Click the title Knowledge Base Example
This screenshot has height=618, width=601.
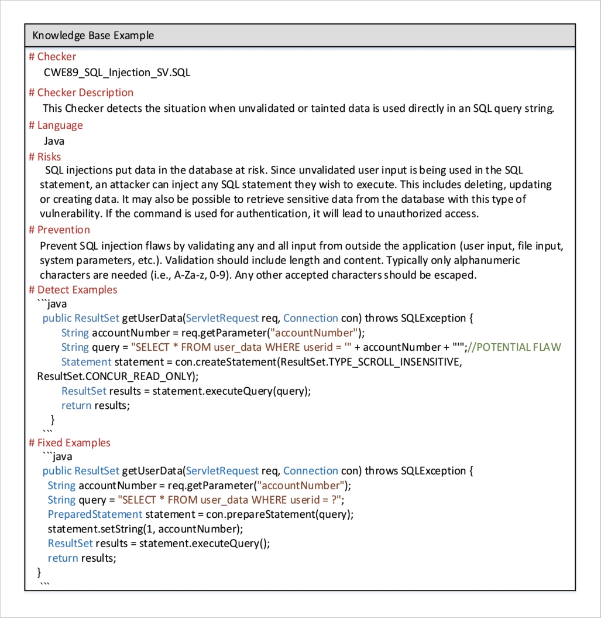click(93, 36)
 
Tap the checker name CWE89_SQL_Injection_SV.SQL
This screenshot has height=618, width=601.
click(117, 73)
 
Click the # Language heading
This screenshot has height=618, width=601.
click(56, 125)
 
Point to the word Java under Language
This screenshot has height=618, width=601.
click(54, 141)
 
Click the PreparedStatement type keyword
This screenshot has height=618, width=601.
click(95, 514)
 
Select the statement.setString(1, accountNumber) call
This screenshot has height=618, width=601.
click(145, 529)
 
